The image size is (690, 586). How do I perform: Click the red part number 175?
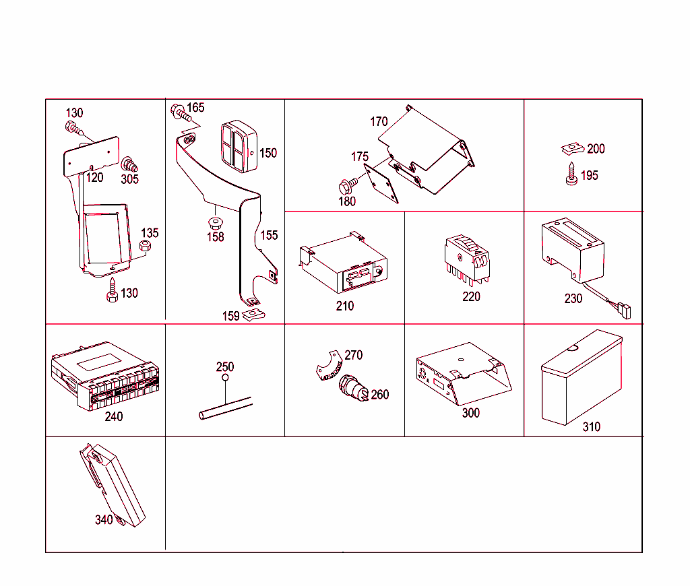click(x=360, y=157)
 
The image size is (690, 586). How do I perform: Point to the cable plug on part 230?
click(x=625, y=311)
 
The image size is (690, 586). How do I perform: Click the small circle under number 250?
click(x=225, y=379)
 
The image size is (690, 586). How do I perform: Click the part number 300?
click(x=470, y=413)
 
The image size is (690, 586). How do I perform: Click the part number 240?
click(x=114, y=417)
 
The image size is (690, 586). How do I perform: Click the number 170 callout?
click(x=379, y=122)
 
